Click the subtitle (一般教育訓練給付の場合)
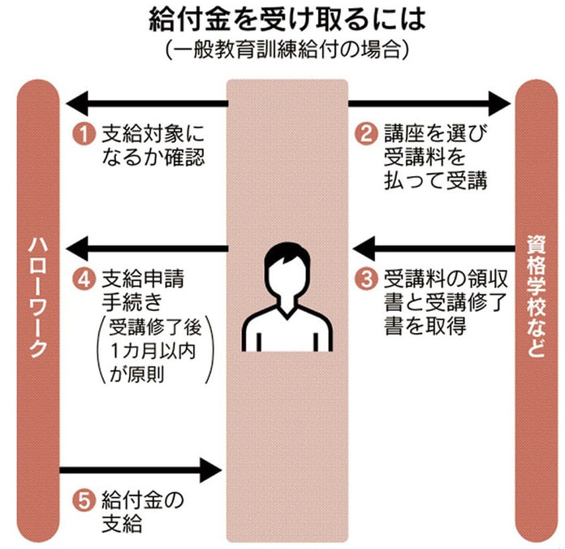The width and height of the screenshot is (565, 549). click(282, 50)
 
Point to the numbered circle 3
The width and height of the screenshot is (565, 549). click(368, 279)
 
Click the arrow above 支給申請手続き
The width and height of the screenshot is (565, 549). click(146, 244)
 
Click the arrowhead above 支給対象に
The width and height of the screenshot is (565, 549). click(76, 104)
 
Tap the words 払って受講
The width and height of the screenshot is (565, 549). click(435, 180)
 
